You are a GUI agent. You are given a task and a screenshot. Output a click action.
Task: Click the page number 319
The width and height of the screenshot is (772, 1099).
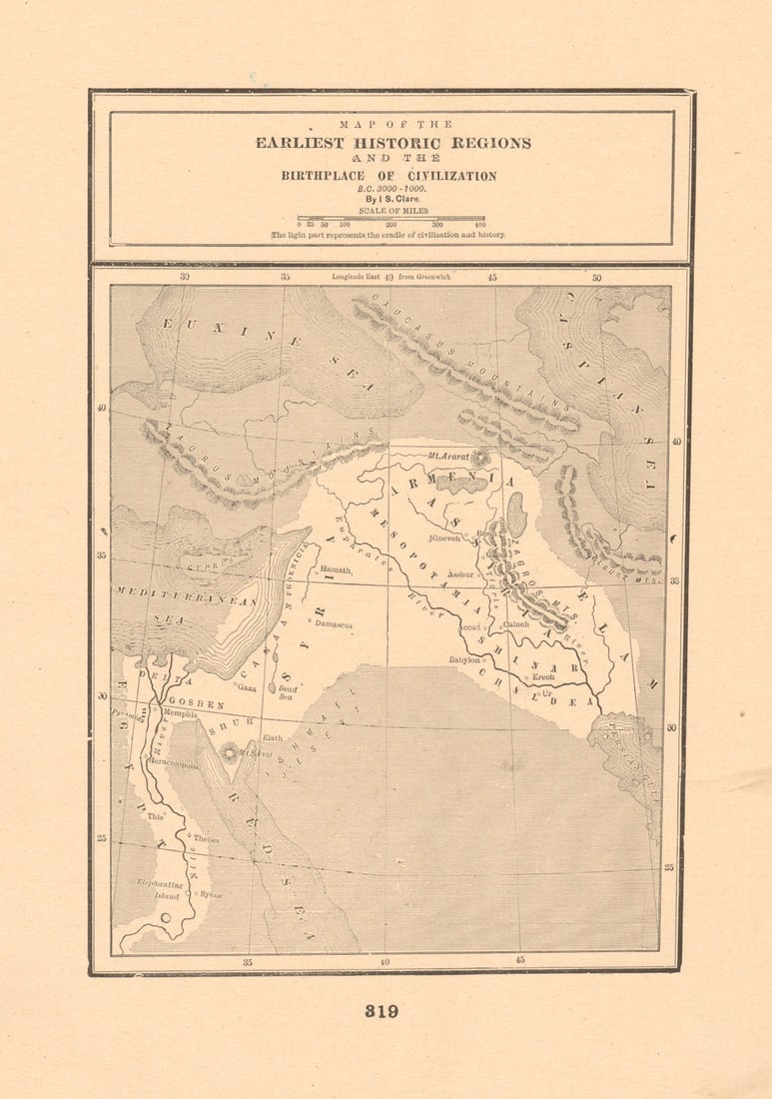(382, 1011)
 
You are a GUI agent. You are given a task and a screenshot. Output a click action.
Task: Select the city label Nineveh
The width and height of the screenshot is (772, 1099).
(445, 539)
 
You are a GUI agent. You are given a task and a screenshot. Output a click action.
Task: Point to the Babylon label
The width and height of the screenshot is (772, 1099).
(464, 659)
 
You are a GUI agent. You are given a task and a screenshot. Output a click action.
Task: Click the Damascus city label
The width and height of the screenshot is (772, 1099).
(334, 624)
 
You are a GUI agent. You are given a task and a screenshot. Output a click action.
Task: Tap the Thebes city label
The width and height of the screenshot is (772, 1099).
(206, 839)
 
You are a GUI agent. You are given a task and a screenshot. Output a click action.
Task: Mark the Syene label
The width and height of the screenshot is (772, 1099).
(211, 894)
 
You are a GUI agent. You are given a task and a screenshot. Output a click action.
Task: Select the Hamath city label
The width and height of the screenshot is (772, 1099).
(336, 569)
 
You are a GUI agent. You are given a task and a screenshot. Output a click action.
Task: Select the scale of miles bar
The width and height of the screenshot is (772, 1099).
(390, 218)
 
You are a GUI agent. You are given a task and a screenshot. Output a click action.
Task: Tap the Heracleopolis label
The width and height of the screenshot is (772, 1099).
(172, 764)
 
